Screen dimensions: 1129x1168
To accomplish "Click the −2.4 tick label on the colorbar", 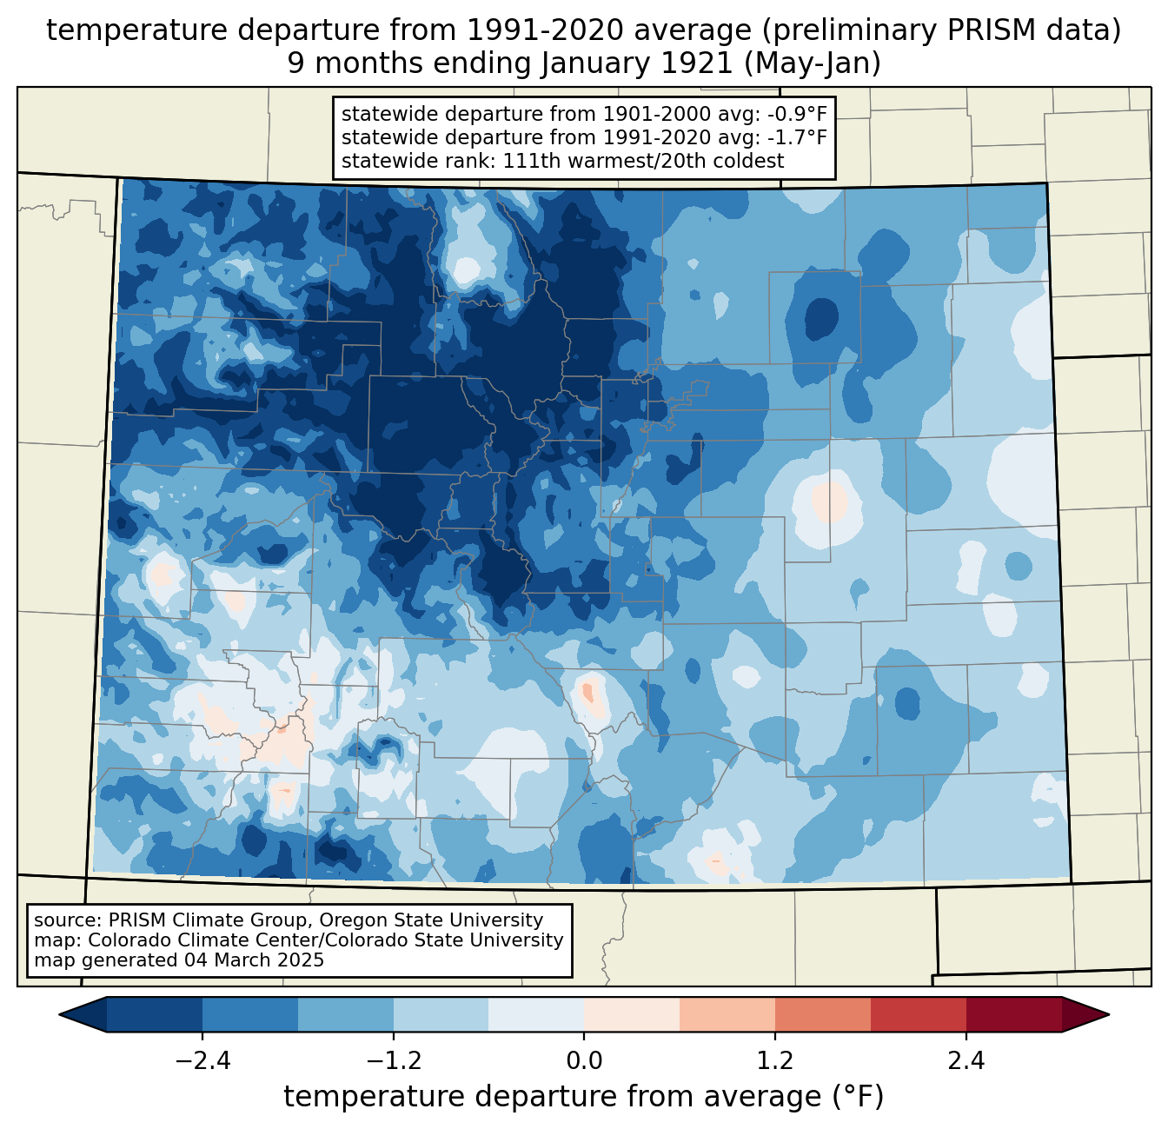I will point(202,1061).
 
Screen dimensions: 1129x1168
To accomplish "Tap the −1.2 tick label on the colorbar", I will point(393,1061).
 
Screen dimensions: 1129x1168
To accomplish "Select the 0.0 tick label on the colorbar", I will point(584,1061).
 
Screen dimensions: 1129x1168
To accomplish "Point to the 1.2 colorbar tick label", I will point(775,1061).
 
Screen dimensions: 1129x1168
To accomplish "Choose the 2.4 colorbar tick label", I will point(966,1061).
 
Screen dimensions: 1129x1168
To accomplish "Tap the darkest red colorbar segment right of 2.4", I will point(1013,1014).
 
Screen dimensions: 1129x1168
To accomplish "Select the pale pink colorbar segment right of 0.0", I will point(632,1014).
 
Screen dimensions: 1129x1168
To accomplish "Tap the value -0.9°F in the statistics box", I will point(797,115).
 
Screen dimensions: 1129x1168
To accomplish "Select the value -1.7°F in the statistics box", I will point(797,137).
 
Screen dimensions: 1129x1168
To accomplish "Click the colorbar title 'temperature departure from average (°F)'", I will point(584,1097).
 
